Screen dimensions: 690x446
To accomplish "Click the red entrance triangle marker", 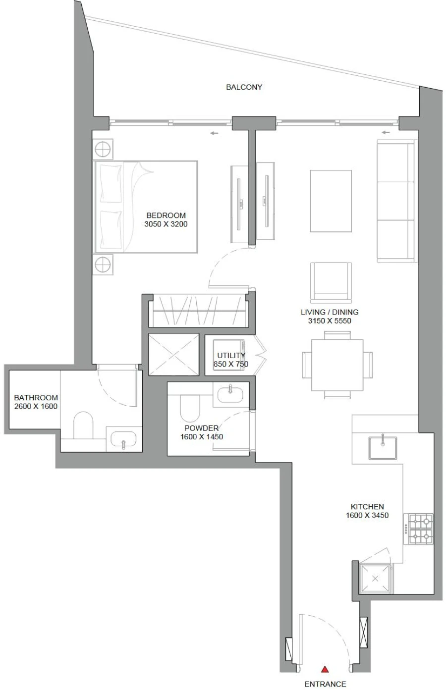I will pyautogui.click(x=325, y=669).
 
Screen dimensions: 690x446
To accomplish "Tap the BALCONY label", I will pyautogui.click(x=244, y=87).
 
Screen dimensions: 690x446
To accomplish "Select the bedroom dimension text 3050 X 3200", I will pyautogui.click(x=166, y=224).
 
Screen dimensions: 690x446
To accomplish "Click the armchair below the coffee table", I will pyautogui.click(x=331, y=282).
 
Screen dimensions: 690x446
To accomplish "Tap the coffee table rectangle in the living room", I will pyautogui.click(x=331, y=201).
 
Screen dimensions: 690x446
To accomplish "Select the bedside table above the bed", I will pyautogui.click(x=104, y=148).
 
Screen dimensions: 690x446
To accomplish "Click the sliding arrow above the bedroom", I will pyautogui.click(x=214, y=133).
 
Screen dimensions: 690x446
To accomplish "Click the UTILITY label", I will pyautogui.click(x=231, y=355).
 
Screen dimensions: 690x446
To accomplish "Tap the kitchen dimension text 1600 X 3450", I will pyautogui.click(x=367, y=515).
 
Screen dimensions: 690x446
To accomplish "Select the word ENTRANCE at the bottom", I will pyautogui.click(x=325, y=684).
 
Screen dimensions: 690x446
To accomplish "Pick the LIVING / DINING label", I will pyautogui.click(x=330, y=312).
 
